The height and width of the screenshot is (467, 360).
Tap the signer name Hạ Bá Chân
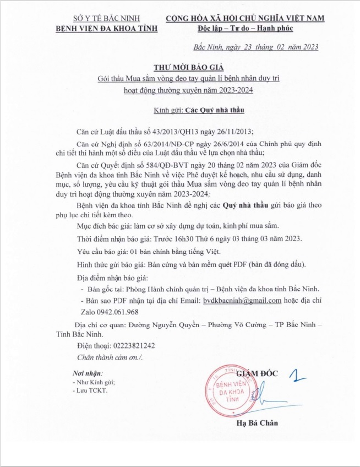point(257,422)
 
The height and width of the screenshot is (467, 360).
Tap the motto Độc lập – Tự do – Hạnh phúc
point(245,28)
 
